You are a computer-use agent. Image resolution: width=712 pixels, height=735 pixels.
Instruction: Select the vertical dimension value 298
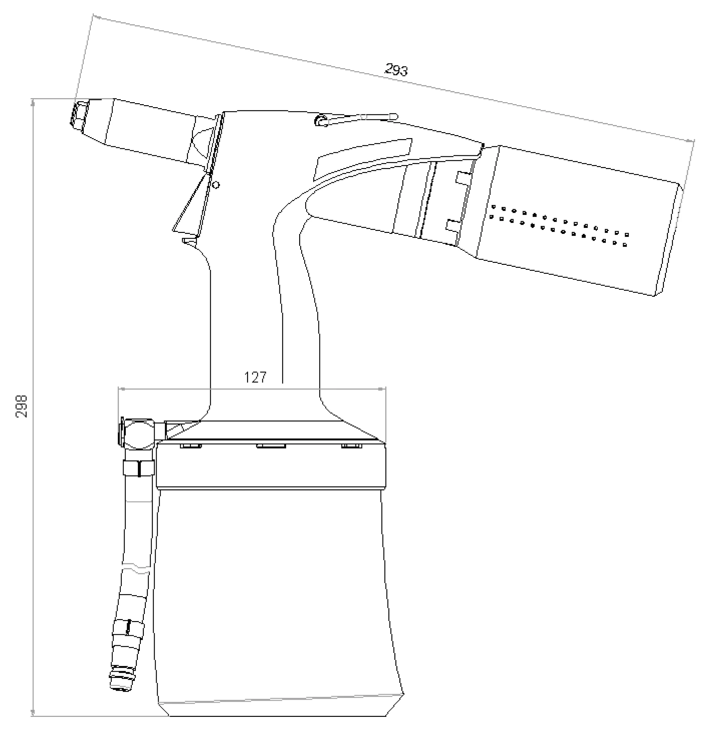(22, 406)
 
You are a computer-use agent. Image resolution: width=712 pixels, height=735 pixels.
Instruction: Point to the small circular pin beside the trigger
(216, 185)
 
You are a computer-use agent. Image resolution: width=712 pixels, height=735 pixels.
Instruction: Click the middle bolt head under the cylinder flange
(271, 446)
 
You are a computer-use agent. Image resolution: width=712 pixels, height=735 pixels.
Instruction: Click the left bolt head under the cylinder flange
(191, 446)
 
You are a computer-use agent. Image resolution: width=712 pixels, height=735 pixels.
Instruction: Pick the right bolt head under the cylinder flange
(352, 446)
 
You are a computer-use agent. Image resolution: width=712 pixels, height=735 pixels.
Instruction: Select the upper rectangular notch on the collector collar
(463, 178)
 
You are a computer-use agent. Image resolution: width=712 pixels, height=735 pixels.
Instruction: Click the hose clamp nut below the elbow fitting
(139, 468)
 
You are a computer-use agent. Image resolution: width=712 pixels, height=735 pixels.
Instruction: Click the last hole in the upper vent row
(627, 235)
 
